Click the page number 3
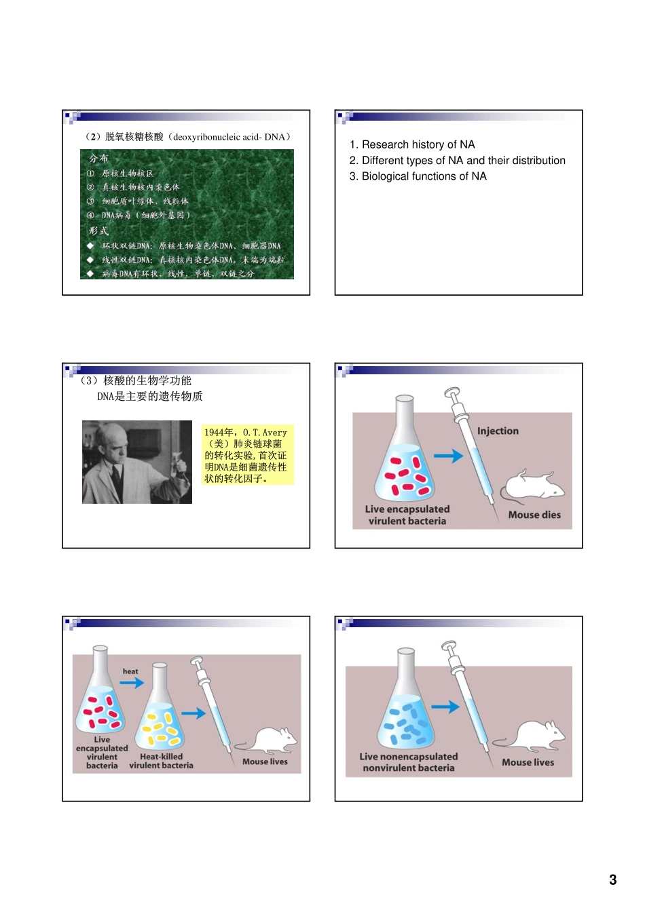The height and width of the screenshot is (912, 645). [612, 879]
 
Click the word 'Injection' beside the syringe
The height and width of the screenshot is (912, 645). [498, 431]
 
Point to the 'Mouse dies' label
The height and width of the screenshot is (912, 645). [534, 515]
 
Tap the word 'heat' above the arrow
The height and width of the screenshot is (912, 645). [130, 671]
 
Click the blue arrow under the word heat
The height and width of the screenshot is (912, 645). [132, 683]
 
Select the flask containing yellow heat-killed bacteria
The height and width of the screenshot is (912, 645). [160, 712]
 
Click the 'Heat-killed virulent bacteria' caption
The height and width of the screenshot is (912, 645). [161, 761]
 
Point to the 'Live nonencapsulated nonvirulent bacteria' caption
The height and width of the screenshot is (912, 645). [409, 762]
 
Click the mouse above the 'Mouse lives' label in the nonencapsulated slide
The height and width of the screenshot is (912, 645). [530, 737]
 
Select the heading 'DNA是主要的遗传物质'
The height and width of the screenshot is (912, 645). [149, 397]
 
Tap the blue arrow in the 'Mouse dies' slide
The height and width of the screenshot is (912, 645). [448, 456]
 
